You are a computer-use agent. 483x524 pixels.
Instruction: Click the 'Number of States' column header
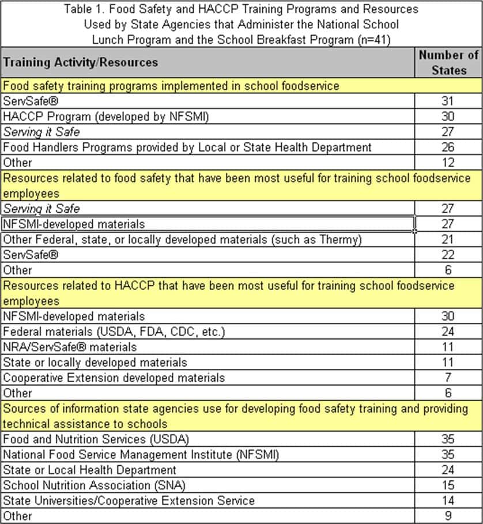tap(448, 62)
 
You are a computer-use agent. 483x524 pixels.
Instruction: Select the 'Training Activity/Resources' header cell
tap(80, 62)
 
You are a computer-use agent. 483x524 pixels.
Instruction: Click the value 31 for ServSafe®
tap(448, 101)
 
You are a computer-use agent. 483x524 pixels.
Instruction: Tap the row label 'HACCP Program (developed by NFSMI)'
tap(105, 116)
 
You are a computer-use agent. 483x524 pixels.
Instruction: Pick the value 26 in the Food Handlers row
tap(448, 147)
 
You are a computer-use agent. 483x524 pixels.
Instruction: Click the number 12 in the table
tap(448, 163)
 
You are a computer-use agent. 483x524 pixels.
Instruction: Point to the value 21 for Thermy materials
tap(448, 239)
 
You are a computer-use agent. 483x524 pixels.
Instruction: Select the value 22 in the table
tap(448, 255)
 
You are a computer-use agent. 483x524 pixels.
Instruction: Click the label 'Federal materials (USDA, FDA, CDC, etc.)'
tap(114, 331)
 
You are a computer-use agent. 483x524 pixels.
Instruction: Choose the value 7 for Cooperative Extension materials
tap(448, 378)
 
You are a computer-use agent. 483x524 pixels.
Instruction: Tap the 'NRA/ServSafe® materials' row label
tap(70, 347)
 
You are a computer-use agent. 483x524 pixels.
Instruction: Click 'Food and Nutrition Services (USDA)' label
tap(96, 439)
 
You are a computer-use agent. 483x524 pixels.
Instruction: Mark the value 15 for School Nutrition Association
tap(448, 485)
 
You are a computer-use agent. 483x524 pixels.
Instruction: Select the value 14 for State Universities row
tap(448, 500)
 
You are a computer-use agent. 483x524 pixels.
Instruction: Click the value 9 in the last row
tap(448, 516)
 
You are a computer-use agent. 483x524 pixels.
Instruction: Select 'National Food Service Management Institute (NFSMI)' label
tap(141, 455)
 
